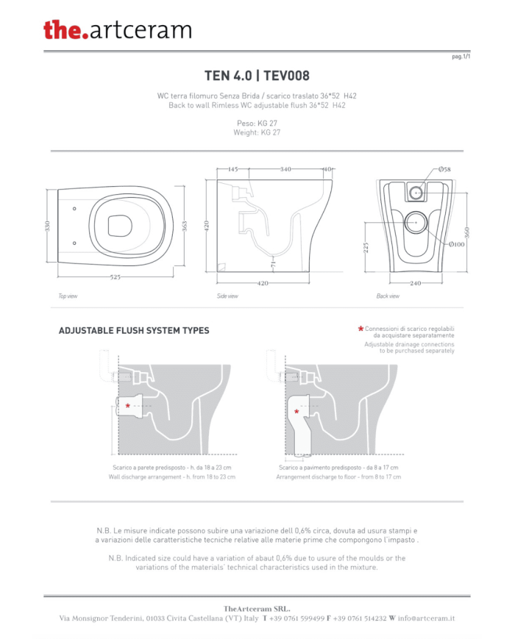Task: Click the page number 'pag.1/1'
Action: coord(461,57)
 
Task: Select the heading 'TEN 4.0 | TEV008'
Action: coord(257,76)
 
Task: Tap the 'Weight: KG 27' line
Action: coord(257,132)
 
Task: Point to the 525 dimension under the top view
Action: coord(116,277)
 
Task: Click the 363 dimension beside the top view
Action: coord(185,226)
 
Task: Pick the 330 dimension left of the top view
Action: coord(47,226)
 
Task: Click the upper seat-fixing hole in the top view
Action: coord(74,209)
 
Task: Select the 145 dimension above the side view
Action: coord(232,169)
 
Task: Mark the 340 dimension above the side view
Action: coord(285,169)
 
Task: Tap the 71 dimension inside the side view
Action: coord(273,265)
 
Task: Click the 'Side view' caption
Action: coord(227,296)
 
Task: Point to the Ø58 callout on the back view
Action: coord(444,169)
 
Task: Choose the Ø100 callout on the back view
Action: coord(457,245)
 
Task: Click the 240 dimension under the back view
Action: coord(416,283)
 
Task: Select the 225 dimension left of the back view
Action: coord(366,248)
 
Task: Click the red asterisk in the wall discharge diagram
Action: coord(127,406)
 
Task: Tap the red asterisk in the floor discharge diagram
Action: coord(296,412)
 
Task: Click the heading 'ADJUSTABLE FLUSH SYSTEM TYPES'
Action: coord(134,330)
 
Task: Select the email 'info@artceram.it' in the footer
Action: coord(426,618)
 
